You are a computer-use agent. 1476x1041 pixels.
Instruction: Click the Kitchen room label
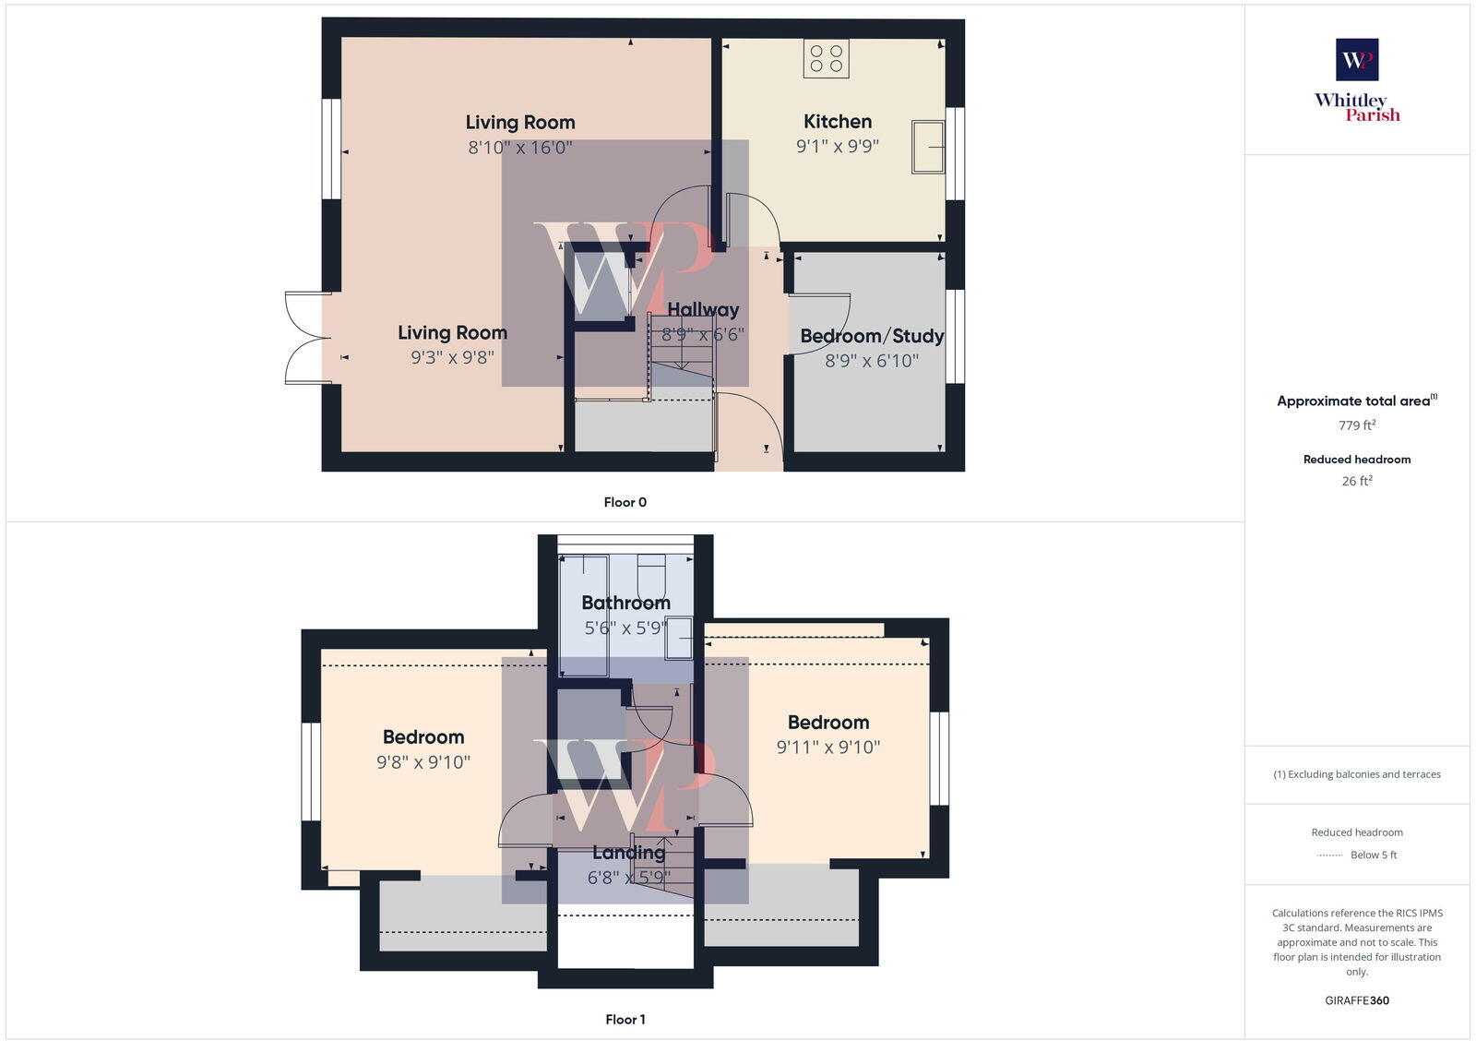click(x=837, y=121)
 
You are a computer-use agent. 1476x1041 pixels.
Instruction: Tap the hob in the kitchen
click(x=826, y=58)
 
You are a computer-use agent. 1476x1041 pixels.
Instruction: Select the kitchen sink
click(x=929, y=147)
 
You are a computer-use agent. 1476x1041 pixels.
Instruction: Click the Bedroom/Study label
click(x=872, y=336)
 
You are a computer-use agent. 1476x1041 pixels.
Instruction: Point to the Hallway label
click(x=703, y=310)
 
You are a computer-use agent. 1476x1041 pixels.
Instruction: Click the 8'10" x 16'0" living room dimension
click(x=520, y=147)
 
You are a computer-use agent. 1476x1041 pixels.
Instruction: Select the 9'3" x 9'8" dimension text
click(x=452, y=357)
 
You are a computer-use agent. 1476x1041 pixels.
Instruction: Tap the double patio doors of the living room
click(x=306, y=338)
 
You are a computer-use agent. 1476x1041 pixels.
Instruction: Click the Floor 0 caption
click(x=625, y=502)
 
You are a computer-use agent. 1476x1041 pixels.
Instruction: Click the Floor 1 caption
click(x=625, y=1020)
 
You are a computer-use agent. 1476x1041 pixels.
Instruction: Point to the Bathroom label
click(x=625, y=603)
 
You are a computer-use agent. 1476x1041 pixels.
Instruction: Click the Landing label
click(x=628, y=853)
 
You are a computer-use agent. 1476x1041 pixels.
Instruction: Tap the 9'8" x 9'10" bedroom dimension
click(x=423, y=762)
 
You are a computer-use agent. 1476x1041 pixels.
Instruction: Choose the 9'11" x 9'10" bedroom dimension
click(x=828, y=748)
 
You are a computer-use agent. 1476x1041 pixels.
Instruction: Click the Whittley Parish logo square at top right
click(x=1357, y=60)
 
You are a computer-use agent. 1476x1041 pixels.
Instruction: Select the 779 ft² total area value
click(x=1357, y=425)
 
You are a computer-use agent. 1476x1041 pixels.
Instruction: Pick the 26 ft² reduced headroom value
click(x=1357, y=481)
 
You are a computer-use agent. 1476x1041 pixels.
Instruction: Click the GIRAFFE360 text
click(x=1357, y=1000)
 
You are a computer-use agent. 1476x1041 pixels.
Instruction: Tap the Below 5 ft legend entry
click(x=1373, y=856)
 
